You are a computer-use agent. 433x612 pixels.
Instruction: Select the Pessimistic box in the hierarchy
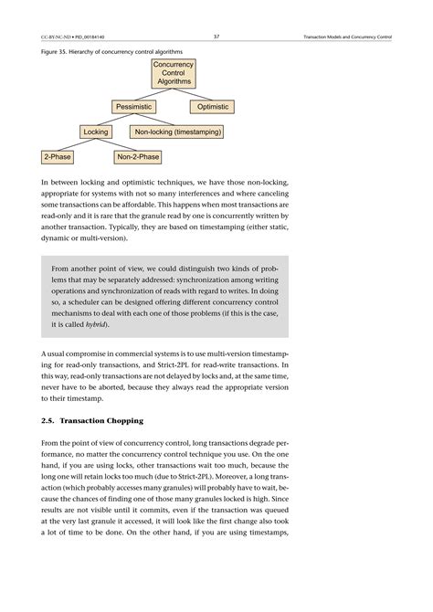137,108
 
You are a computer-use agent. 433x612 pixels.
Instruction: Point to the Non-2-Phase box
138,157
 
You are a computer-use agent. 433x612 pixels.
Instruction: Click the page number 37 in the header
216,37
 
